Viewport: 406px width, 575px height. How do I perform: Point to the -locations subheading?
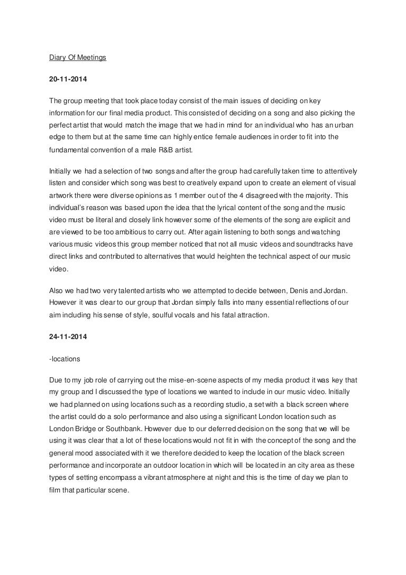point(62,360)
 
